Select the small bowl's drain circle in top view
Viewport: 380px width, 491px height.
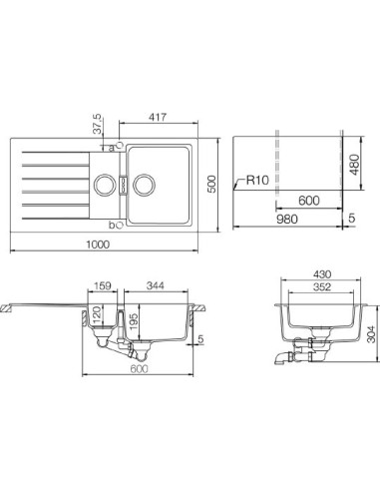pos(103,184)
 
